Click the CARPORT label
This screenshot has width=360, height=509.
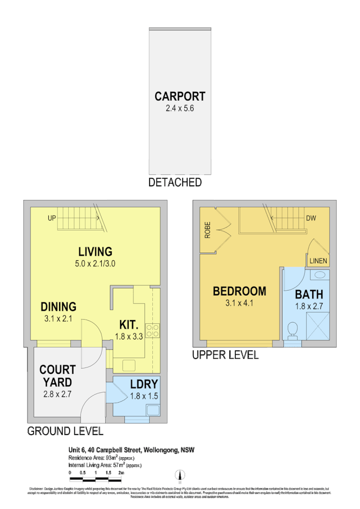point(180,96)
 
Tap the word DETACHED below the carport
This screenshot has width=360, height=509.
point(175,182)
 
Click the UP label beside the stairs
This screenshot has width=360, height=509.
point(51,219)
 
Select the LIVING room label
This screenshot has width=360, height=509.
point(95,251)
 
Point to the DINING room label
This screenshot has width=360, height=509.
point(59,306)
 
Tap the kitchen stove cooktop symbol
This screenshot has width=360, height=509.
point(152,331)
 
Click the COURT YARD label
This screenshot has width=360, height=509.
point(58,376)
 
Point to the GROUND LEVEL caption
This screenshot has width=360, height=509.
point(65,431)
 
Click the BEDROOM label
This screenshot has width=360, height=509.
point(239,291)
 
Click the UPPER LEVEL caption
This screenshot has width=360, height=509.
point(225,355)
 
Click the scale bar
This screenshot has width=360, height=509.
point(96,479)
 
